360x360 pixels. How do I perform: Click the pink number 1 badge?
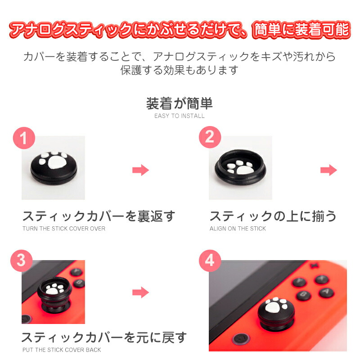(x=24, y=138)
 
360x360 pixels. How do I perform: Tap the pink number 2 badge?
(x=210, y=137)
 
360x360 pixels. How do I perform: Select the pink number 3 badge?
(x=21, y=261)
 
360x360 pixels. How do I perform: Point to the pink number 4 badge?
(x=210, y=261)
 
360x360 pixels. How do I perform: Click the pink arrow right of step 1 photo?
(x=140, y=170)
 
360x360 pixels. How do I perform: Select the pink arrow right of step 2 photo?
(x=328, y=170)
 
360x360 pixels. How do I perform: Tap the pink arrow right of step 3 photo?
(x=140, y=292)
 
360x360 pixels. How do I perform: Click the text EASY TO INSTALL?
(x=179, y=116)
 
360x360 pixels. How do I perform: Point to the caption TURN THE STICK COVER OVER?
(x=64, y=229)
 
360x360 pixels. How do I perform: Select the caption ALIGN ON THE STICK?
(x=238, y=229)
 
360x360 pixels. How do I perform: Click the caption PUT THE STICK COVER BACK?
(x=62, y=350)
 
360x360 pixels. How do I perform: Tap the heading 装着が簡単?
(x=179, y=103)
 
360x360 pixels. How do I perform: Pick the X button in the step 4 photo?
(x=322, y=279)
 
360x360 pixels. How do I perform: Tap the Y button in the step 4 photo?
(x=299, y=282)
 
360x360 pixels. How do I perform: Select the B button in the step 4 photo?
(x=303, y=295)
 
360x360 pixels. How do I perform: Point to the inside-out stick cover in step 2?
(x=240, y=167)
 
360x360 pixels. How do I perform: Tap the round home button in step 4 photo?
(x=241, y=338)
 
